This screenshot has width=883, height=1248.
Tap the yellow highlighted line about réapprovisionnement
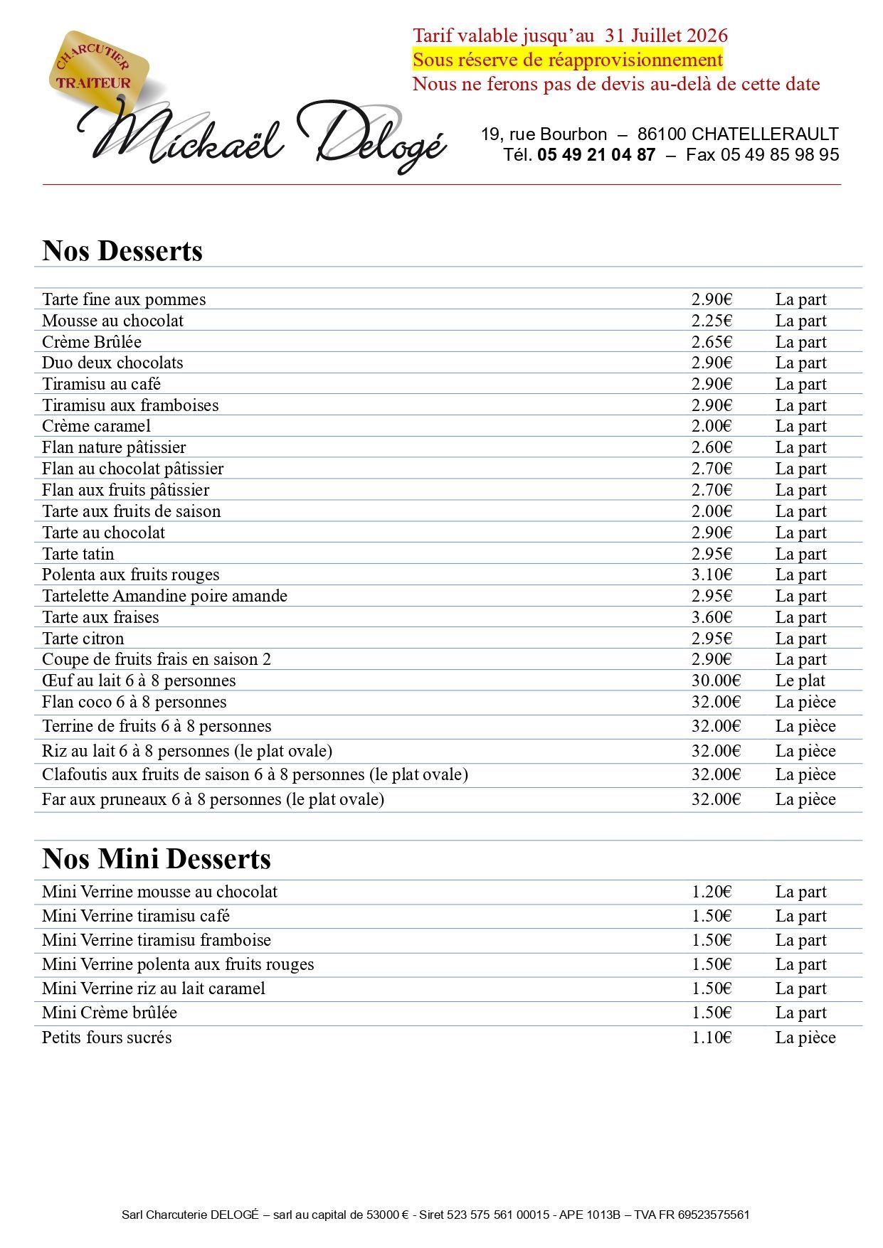click(x=567, y=60)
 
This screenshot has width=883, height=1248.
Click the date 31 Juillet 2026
click(x=666, y=36)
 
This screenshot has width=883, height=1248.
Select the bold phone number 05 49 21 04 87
click(x=596, y=155)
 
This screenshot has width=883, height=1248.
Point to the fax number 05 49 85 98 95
click(x=780, y=155)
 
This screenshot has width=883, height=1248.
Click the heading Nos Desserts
click(x=122, y=251)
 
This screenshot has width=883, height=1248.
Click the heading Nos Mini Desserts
click(x=157, y=859)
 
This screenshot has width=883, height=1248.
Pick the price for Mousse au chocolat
click(x=712, y=321)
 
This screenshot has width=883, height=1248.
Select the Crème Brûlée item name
click(x=92, y=342)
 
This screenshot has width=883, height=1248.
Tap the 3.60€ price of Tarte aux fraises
click(x=712, y=617)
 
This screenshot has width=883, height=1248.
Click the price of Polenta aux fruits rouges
click(x=712, y=575)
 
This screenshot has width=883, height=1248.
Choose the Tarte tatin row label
click(x=78, y=554)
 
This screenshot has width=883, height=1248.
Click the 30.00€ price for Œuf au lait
click(x=716, y=681)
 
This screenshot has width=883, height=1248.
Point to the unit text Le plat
click(x=800, y=681)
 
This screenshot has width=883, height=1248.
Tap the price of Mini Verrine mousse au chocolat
click(x=712, y=892)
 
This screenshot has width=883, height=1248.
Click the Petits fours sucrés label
click(x=107, y=1038)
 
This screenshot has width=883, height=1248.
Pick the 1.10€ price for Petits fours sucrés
click(x=712, y=1038)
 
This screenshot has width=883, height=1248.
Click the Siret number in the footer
click(x=497, y=1215)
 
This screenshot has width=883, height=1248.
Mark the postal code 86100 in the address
click(x=662, y=134)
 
